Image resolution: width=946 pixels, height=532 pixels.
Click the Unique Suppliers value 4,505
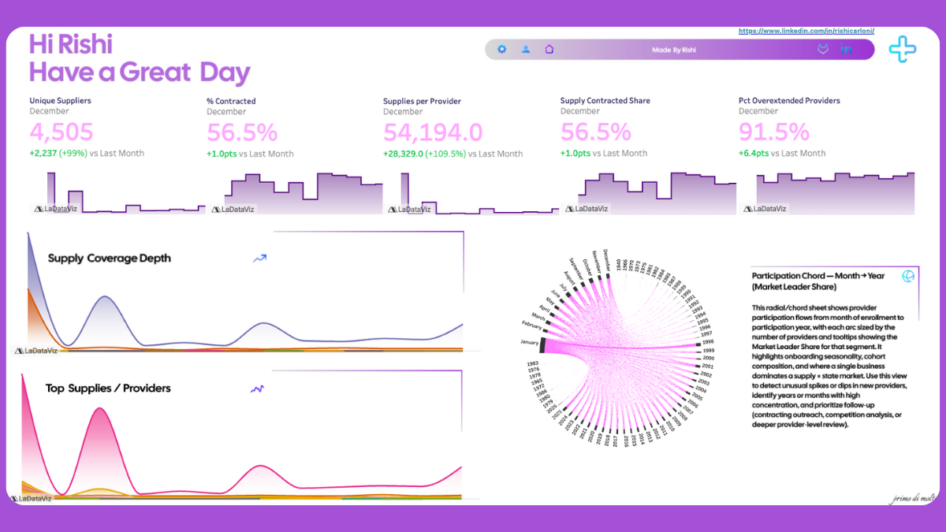pos(61,132)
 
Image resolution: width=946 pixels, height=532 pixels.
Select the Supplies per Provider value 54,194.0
pos(433,132)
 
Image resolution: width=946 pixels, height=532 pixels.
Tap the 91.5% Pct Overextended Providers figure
pos(773,132)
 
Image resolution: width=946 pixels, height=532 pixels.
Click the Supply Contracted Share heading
pos(605,101)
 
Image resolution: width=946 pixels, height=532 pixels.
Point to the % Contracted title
pos(231,101)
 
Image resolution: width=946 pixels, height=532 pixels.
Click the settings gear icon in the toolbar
pos(501,50)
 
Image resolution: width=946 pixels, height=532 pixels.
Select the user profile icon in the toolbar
pos(525,50)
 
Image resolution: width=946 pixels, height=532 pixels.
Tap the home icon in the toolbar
pos(549,50)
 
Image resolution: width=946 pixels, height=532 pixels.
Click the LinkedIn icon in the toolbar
pos(847,50)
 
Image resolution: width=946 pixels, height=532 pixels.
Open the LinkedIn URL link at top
pos(806,31)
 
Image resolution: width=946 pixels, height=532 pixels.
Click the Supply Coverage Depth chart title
pos(109,259)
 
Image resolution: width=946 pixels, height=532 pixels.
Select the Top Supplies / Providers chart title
pos(108,388)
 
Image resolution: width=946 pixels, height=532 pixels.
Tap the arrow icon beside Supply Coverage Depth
pos(259,258)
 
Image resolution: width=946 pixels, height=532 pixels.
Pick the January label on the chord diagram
pos(529,342)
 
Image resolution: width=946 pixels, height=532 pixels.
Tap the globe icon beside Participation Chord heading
pos(907,276)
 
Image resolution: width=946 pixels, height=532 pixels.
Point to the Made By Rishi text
pos(674,50)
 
